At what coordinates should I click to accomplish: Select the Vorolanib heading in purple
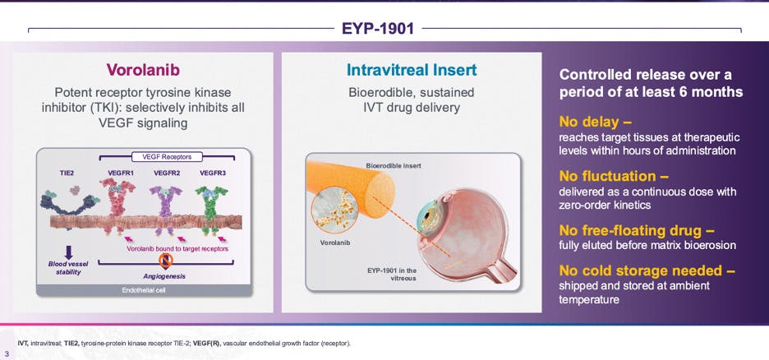[143, 70]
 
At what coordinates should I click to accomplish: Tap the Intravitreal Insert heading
[412, 70]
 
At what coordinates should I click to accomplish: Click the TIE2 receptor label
[67, 173]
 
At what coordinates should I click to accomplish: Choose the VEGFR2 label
[167, 173]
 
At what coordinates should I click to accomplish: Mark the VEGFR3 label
[212, 173]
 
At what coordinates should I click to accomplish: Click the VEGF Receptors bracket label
[167, 156]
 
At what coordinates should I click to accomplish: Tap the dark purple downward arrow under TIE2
[69, 252]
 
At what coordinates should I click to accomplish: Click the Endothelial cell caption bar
[143, 290]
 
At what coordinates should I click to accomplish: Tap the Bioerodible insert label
[393, 166]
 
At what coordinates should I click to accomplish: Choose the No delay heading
[595, 122]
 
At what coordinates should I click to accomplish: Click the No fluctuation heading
[614, 176]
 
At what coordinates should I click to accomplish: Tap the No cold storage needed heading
[647, 270]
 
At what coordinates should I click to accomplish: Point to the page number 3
[7, 354]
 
